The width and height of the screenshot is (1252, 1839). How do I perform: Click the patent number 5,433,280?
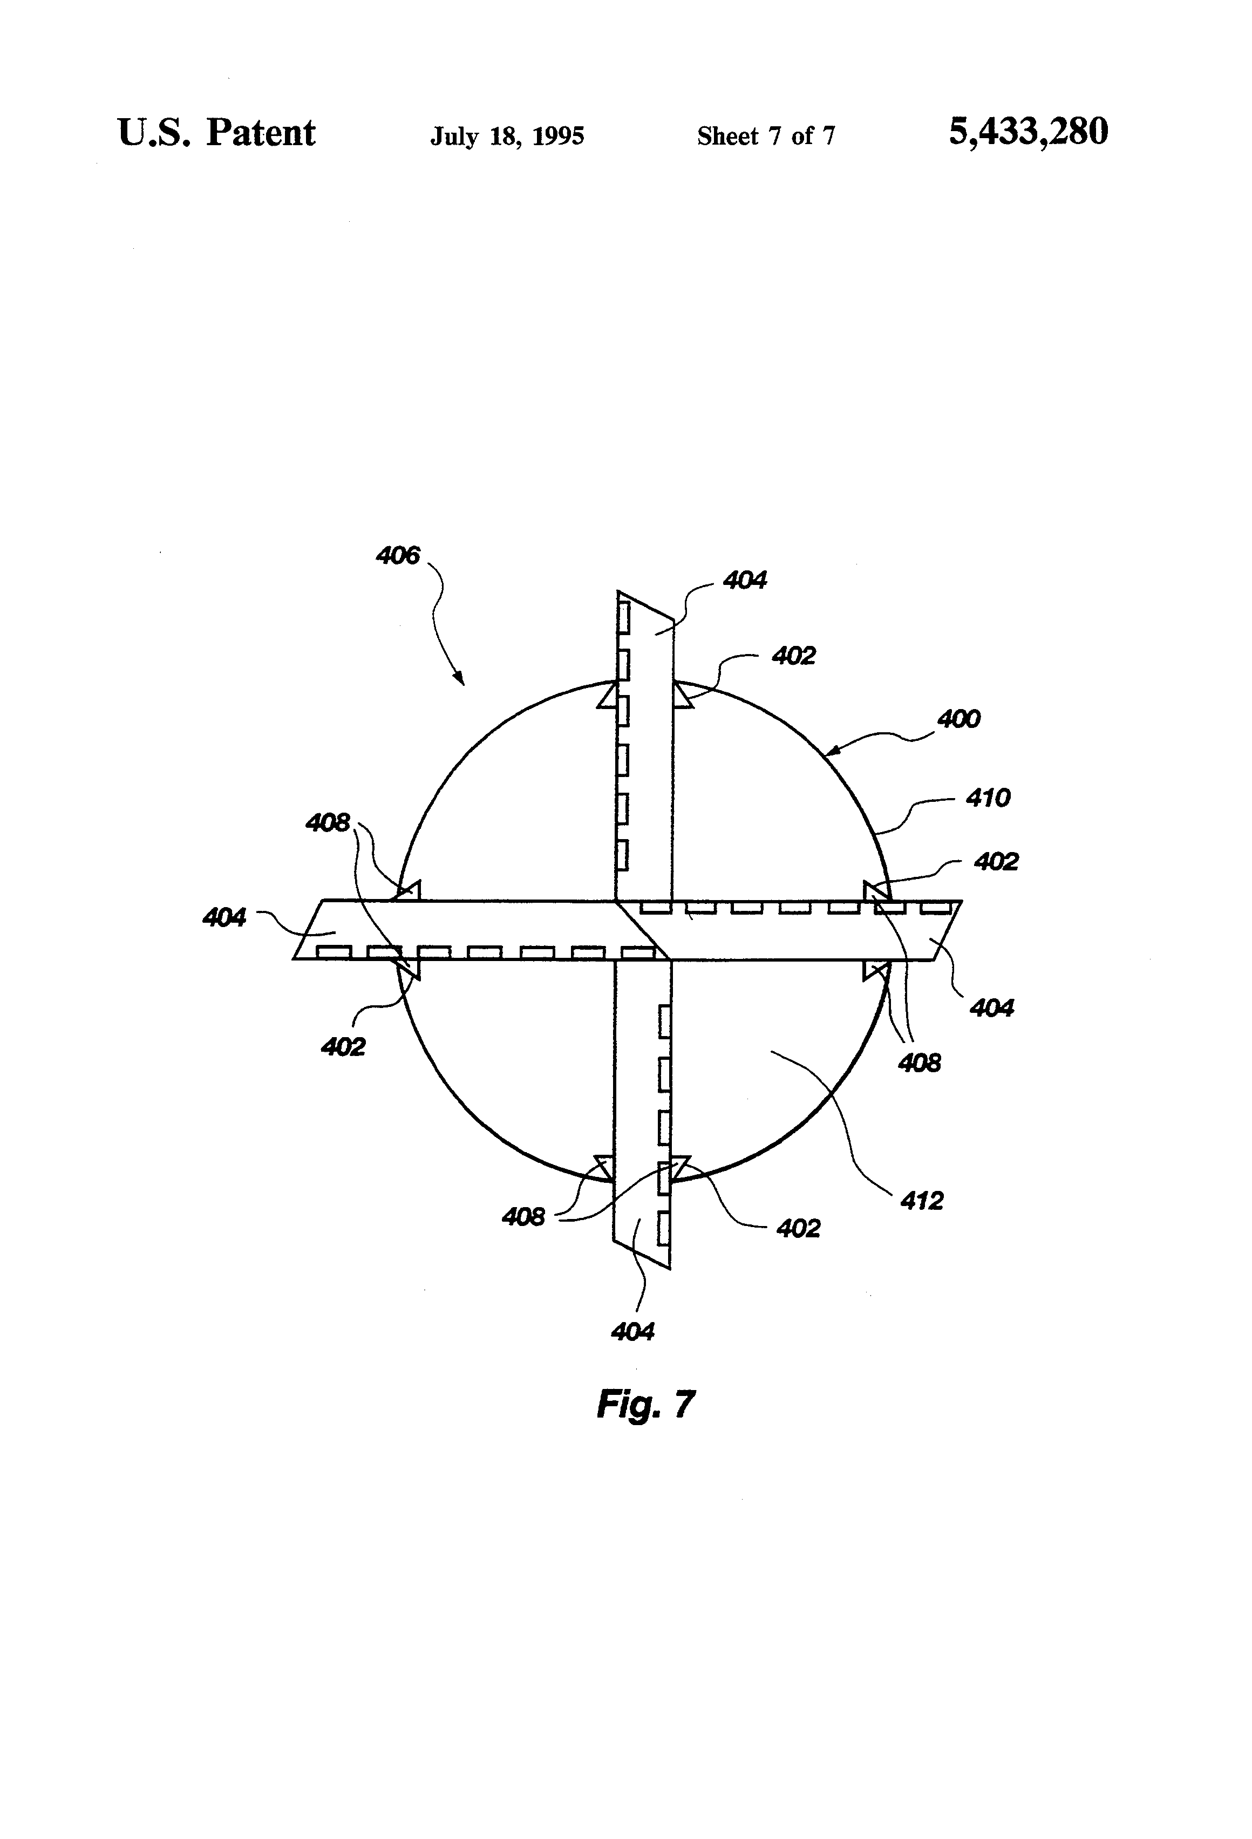[1028, 132]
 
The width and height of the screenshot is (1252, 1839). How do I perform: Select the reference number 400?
[958, 719]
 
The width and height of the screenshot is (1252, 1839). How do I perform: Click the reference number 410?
[988, 797]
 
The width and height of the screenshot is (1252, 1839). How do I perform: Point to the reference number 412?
[921, 1201]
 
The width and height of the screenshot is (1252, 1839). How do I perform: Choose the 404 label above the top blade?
[745, 580]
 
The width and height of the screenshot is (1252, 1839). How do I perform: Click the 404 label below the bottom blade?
[632, 1332]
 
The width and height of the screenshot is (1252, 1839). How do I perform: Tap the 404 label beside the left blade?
[224, 917]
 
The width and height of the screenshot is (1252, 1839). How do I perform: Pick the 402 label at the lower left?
[343, 1047]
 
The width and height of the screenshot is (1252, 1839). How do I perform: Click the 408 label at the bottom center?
[522, 1216]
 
